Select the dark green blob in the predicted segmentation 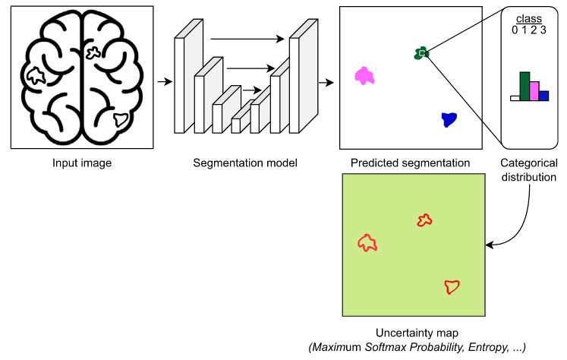pyautogui.click(x=421, y=52)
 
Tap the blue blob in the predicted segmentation pyautogui.click(x=449, y=118)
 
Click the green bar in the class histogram pyautogui.click(x=524, y=86)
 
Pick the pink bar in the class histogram pyautogui.click(x=534, y=91)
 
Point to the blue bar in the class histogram pyautogui.click(x=544, y=96)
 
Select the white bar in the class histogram pyautogui.click(x=515, y=98)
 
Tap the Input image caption pyautogui.click(x=82, y=163)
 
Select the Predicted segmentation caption pyautogui.click(x=411, y=163)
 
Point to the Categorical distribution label pyautogui.click(x=528, y=169)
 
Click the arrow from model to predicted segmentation pyautogui.click(x=326, y=77)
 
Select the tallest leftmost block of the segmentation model pyautogui.click(x=181, y=84)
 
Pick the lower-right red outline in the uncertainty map pyautogui.click(x=452, y=286)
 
